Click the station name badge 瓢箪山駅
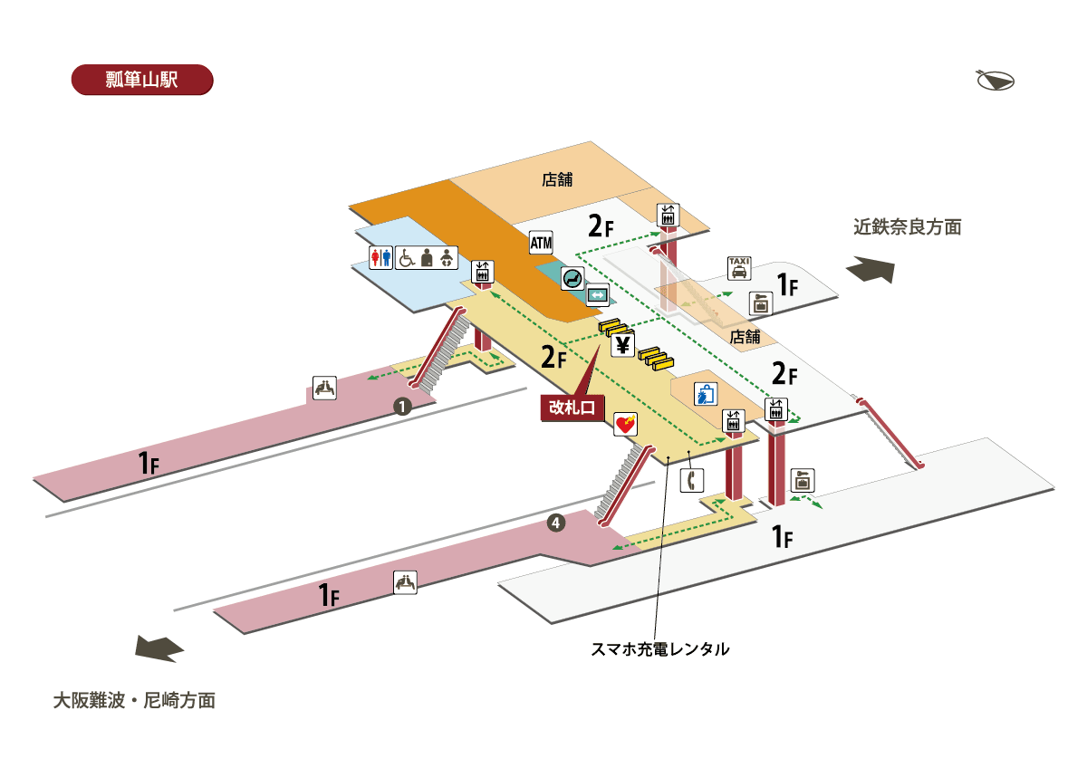(x=141, y=79)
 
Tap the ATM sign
(x=541, y=243)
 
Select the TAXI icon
(x=739, y=268)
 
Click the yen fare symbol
(x=622, y=345)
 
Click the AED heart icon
(x=626, y=423)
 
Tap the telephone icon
(x=691, y=479)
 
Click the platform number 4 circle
(x=556, y=522)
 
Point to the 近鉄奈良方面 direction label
(x=907, y=227)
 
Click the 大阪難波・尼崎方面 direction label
(x=134, y=700)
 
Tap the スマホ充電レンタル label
(x=659, y=649)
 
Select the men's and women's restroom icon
(x=381, y=258)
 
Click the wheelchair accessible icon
(x=405, y=258)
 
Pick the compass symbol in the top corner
(x=995, y=80)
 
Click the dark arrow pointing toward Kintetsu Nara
(x=871, y=270)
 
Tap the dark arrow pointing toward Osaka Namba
(x=159, y=648)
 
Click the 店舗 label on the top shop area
(x=557, y=179)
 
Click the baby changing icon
(x=447, y=258)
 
